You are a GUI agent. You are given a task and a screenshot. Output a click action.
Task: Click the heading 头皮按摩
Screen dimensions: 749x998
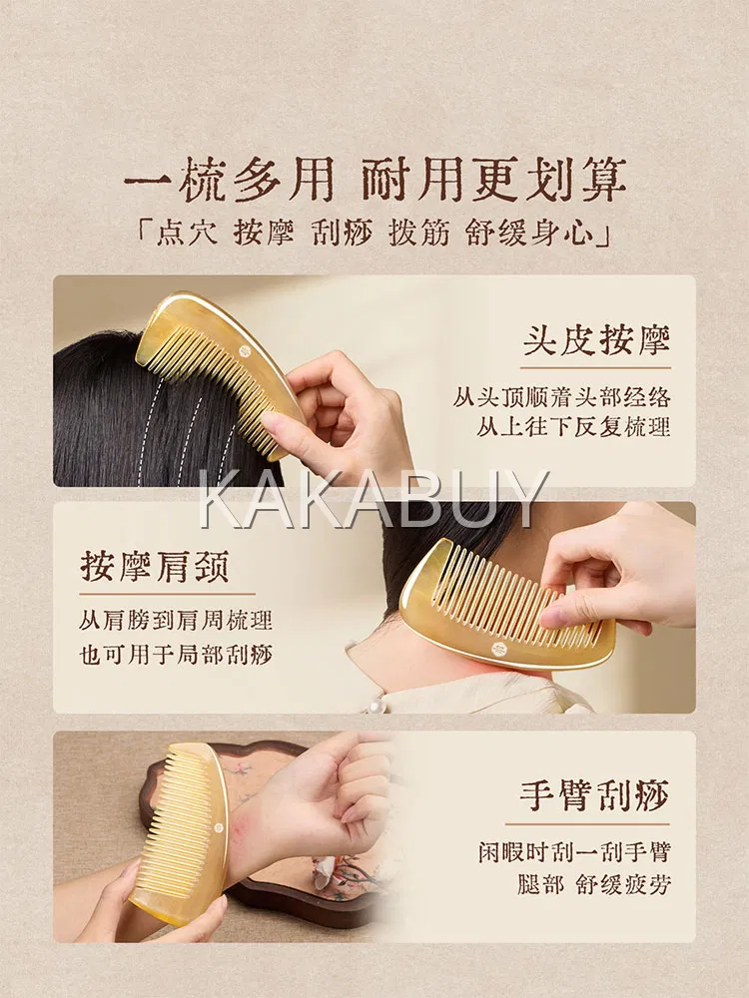[x=597, y=340]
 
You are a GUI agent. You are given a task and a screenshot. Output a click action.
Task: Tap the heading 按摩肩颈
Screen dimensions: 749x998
[x=155, y=567]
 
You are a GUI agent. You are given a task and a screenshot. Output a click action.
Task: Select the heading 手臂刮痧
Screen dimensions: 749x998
[x=595, y=795]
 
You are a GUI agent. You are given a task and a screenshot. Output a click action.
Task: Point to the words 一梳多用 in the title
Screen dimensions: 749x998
[x=230, y=181]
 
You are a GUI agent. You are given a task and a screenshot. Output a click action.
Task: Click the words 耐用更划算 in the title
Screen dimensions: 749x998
[x=494, y=181]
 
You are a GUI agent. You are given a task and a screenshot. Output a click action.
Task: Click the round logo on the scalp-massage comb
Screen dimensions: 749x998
[x=245, y=351]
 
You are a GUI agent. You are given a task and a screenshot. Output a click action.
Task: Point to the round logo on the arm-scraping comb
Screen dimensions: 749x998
[x=217, y=828]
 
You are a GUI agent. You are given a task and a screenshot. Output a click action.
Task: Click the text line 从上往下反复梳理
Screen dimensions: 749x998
[x=574, y=427]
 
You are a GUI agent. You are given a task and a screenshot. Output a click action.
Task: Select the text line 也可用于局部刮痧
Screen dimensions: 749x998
[x=177, y=654]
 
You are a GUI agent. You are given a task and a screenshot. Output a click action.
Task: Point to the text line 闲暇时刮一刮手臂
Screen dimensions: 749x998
[x=575, y=851]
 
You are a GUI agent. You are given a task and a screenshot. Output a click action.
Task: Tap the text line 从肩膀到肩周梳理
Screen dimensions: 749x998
[x=177, y=620]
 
